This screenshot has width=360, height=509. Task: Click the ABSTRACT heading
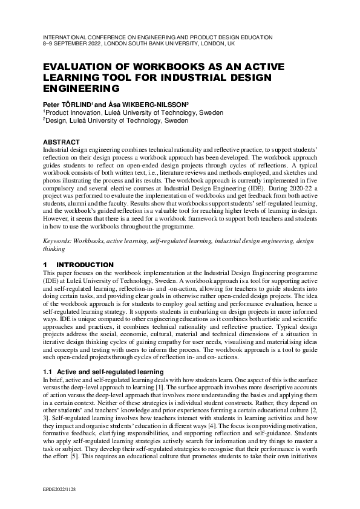[62, 142]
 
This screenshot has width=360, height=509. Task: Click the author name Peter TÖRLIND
[67, 104]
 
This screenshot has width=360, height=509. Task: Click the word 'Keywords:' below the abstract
[57, 241]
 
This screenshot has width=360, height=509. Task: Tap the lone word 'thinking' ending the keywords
[53, 248]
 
